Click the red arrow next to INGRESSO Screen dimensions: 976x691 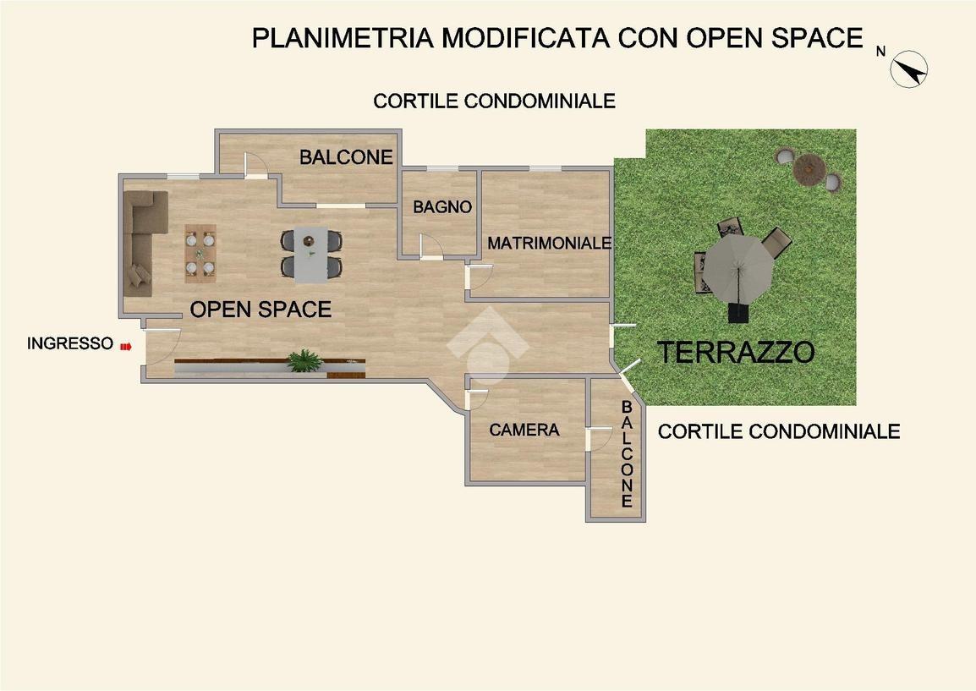[126, 345]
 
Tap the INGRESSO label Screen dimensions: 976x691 [70, 343]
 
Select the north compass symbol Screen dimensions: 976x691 [909, 69]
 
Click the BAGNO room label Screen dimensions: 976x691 [442, 206]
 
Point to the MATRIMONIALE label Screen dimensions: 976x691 [549, 243]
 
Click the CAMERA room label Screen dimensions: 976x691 [524, 430]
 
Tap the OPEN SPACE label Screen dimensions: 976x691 [260, 309]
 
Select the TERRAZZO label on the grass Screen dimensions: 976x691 [736, 352]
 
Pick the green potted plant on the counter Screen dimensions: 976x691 [304, 360]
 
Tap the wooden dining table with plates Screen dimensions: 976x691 [200, 254]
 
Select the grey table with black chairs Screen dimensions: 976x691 [311, 255]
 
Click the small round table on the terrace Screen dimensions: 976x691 [809, 168]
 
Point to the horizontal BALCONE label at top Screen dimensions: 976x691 [346, 156]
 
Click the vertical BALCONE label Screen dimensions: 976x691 [627, 454]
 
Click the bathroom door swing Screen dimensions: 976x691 [430, 246]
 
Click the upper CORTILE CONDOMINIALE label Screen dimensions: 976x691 [494, 101]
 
